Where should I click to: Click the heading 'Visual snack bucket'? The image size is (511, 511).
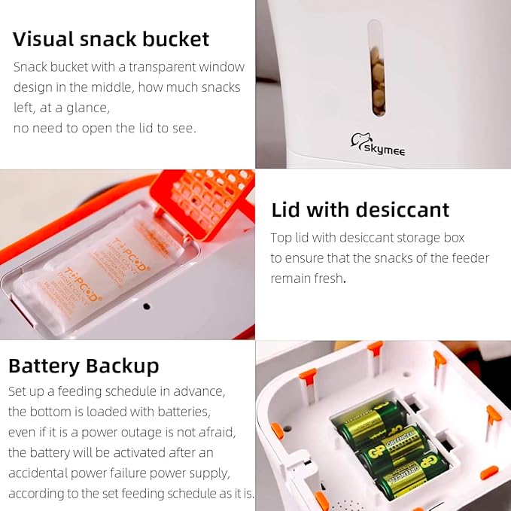(x=111, y=39)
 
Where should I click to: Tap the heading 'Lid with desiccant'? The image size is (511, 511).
(x=360, y=209)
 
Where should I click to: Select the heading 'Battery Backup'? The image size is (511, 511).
(x=84, y=366)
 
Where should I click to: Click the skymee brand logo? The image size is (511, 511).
(x=378, y=144)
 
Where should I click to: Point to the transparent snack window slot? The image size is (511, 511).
(x=376, y=68)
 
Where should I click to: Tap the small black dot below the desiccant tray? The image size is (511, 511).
(x=147, y=306)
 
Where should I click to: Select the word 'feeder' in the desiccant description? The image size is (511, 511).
(x=470, y=258)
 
